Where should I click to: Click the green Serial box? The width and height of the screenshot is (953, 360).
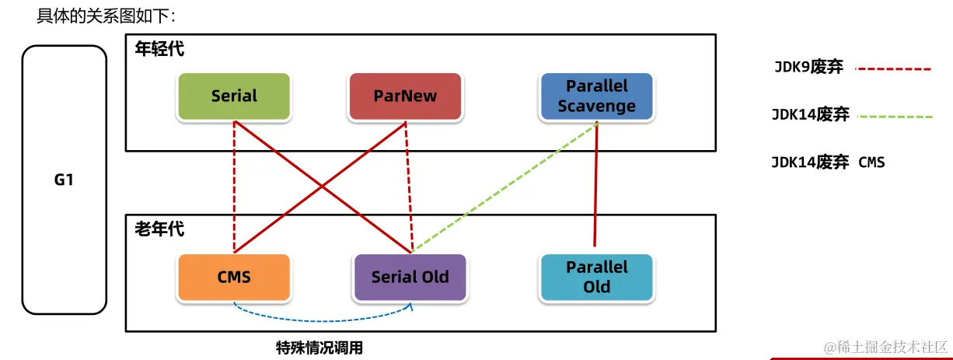[234, 96]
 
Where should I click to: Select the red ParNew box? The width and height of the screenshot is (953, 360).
[405, 96]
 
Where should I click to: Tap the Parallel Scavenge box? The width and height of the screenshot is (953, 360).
[596, 96]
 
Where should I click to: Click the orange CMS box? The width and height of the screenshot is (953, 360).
[234, 277]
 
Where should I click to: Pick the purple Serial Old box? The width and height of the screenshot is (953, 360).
[410, 277]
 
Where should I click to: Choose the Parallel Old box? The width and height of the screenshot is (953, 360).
[596, 277]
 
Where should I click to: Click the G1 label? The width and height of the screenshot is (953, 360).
[64, 180]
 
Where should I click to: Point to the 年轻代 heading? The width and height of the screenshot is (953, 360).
[159, 49]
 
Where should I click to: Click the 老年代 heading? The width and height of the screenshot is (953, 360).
[159, 229]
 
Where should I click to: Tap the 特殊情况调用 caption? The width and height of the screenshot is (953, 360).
[319, 348]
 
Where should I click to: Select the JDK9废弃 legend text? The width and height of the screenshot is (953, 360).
[808, 68]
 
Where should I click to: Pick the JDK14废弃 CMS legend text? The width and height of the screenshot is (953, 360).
[828, 163]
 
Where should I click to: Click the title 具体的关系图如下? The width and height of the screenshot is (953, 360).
[106, 15]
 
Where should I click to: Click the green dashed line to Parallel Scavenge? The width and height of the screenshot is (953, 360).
[505, 186]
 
